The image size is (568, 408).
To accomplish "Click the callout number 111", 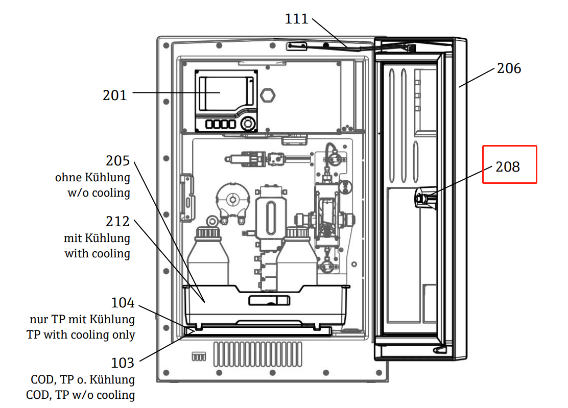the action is pyautogui.click(x=296, y=19).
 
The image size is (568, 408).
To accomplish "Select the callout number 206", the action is pyautogui.click(x=509, y=68).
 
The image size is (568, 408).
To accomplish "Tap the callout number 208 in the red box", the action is pyautogui.click(x=508, y=167).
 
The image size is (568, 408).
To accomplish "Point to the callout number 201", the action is pyautogui.click(x=115, y=95).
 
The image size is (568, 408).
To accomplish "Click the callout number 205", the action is pyautogui.click(x=117, y=161).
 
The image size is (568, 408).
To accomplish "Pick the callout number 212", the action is pyautogui.click(x=117, y=221).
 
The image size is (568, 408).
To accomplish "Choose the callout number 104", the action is pyautogui.click(x=123, y=303).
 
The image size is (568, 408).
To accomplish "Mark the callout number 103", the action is pyautogui.click(x=123, y=363).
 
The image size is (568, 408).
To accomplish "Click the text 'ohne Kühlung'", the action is pyautogui.click(x=93, y=177).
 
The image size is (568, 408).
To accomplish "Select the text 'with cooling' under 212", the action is pyautogui.click(x=98, y=253).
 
